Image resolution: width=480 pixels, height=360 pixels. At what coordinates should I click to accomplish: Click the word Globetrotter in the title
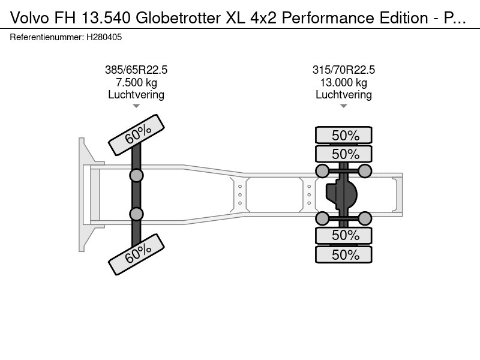pos(178,18)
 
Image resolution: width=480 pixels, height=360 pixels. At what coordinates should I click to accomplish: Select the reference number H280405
pos(104,37)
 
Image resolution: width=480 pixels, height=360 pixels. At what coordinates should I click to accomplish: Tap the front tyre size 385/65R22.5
pos(136,70)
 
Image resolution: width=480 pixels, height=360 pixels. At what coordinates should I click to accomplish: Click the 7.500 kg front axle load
pos(136,82)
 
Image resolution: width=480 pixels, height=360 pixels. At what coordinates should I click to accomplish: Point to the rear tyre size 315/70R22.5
pos(343,70)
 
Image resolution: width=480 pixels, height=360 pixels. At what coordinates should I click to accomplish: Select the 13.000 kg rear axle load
pos(343,82)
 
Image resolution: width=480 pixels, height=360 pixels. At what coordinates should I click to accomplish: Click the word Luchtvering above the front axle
pos(136,95)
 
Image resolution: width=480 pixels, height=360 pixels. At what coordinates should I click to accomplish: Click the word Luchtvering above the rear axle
pos(343,95)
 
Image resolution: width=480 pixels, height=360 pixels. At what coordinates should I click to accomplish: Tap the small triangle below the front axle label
pos(136,106)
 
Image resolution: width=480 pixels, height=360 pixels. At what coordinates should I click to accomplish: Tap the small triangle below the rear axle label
pos(343,106)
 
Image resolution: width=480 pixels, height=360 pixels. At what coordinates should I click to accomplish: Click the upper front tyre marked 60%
pos(137,135)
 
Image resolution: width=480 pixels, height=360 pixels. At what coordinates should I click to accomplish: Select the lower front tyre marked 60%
pos(137,254)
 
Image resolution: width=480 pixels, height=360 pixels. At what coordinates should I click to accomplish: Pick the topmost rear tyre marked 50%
pos(344,135)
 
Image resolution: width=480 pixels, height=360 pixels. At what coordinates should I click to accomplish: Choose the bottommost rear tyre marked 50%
pos(344,254)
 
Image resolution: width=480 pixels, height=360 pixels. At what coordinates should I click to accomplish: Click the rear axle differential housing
pos(341,194)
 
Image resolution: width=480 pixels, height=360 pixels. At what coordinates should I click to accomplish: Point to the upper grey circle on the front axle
pos(136,176)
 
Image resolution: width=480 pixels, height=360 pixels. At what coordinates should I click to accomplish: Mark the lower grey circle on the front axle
pos(136,214)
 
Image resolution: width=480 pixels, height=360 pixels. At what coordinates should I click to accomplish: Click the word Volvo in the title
pos(29,18)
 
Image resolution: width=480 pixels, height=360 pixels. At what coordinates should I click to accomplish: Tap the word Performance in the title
pos(328,18)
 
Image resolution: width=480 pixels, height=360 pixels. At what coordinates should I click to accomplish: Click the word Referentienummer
pos(46,37)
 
